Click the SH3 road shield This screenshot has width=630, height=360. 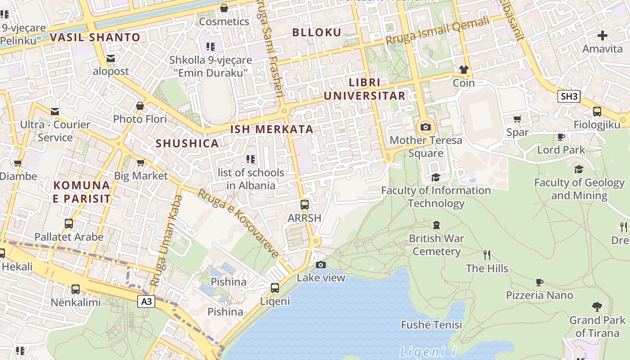(x=569, y=96)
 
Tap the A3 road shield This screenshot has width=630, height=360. (x=146, y=301)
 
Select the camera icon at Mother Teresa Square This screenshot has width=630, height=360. (x=425, y=127)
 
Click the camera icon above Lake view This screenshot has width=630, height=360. (x=320, y=265)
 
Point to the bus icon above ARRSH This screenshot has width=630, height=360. (x=305, y=205)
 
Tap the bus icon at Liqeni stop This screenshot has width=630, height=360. (x=275, y=288)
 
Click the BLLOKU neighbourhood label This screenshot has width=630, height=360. (x=317, y=32)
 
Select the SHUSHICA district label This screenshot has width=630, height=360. (x=187, y=144)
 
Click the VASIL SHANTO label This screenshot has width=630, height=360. (x=95, y=37)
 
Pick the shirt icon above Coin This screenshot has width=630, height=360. (x=463, y=70)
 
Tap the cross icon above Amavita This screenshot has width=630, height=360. (x=603, y=36)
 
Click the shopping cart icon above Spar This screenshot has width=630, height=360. (x=517, y=119)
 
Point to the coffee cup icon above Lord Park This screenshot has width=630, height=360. (x=561, y=137)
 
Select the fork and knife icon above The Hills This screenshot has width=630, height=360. (x=486, y=255)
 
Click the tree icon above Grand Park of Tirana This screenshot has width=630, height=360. (x=597, y=307)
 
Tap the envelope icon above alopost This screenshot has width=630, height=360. (x=111, y=58)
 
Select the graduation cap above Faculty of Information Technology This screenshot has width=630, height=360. (x=435, y=177)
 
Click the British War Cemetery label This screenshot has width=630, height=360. (x=436, y=245)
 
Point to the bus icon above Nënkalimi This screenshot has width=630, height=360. (x=76, y=289)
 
